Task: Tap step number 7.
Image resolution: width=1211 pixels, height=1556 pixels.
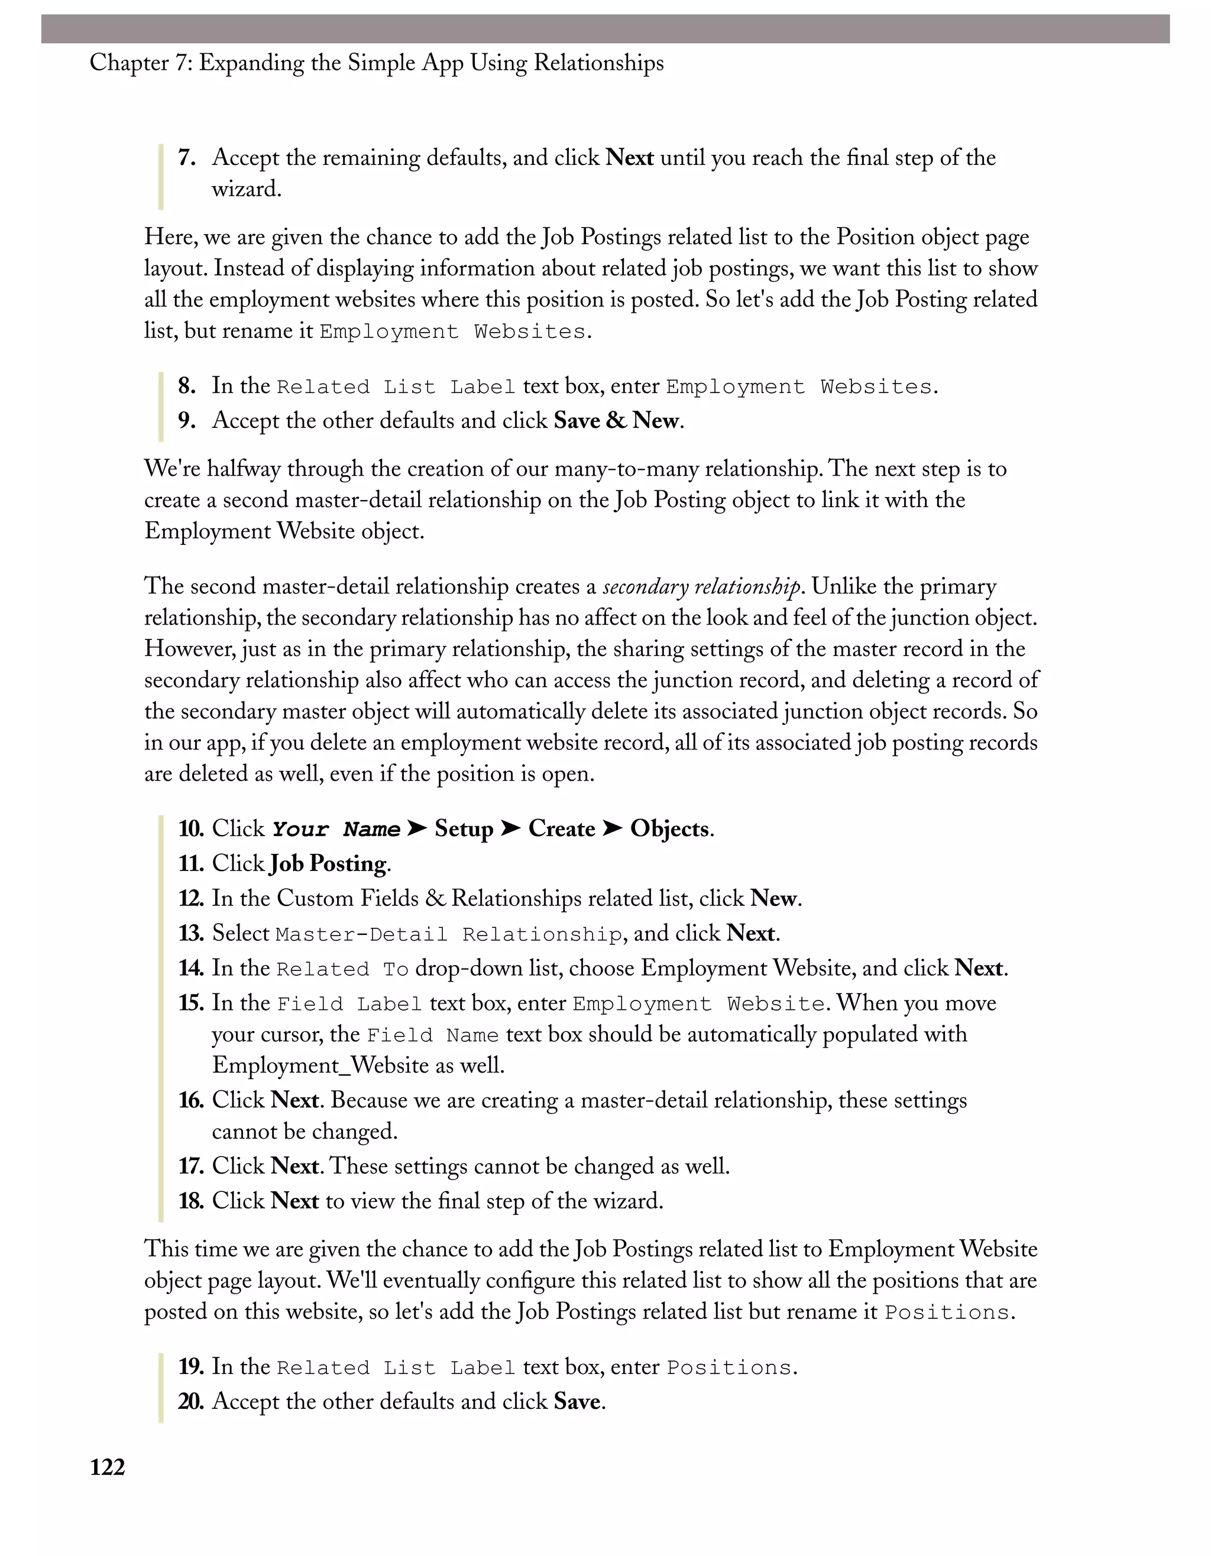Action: (x=187, y=157)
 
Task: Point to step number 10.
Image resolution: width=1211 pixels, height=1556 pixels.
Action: (x=191, y=829)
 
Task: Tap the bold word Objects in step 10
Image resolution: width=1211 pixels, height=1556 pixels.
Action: (x=669, y=829)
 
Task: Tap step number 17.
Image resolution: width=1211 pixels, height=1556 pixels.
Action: (x=191, y=1167)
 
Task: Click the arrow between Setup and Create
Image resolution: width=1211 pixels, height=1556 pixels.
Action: (x=510, y=829)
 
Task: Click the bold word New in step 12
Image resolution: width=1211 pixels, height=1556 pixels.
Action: (x=773, y=899)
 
